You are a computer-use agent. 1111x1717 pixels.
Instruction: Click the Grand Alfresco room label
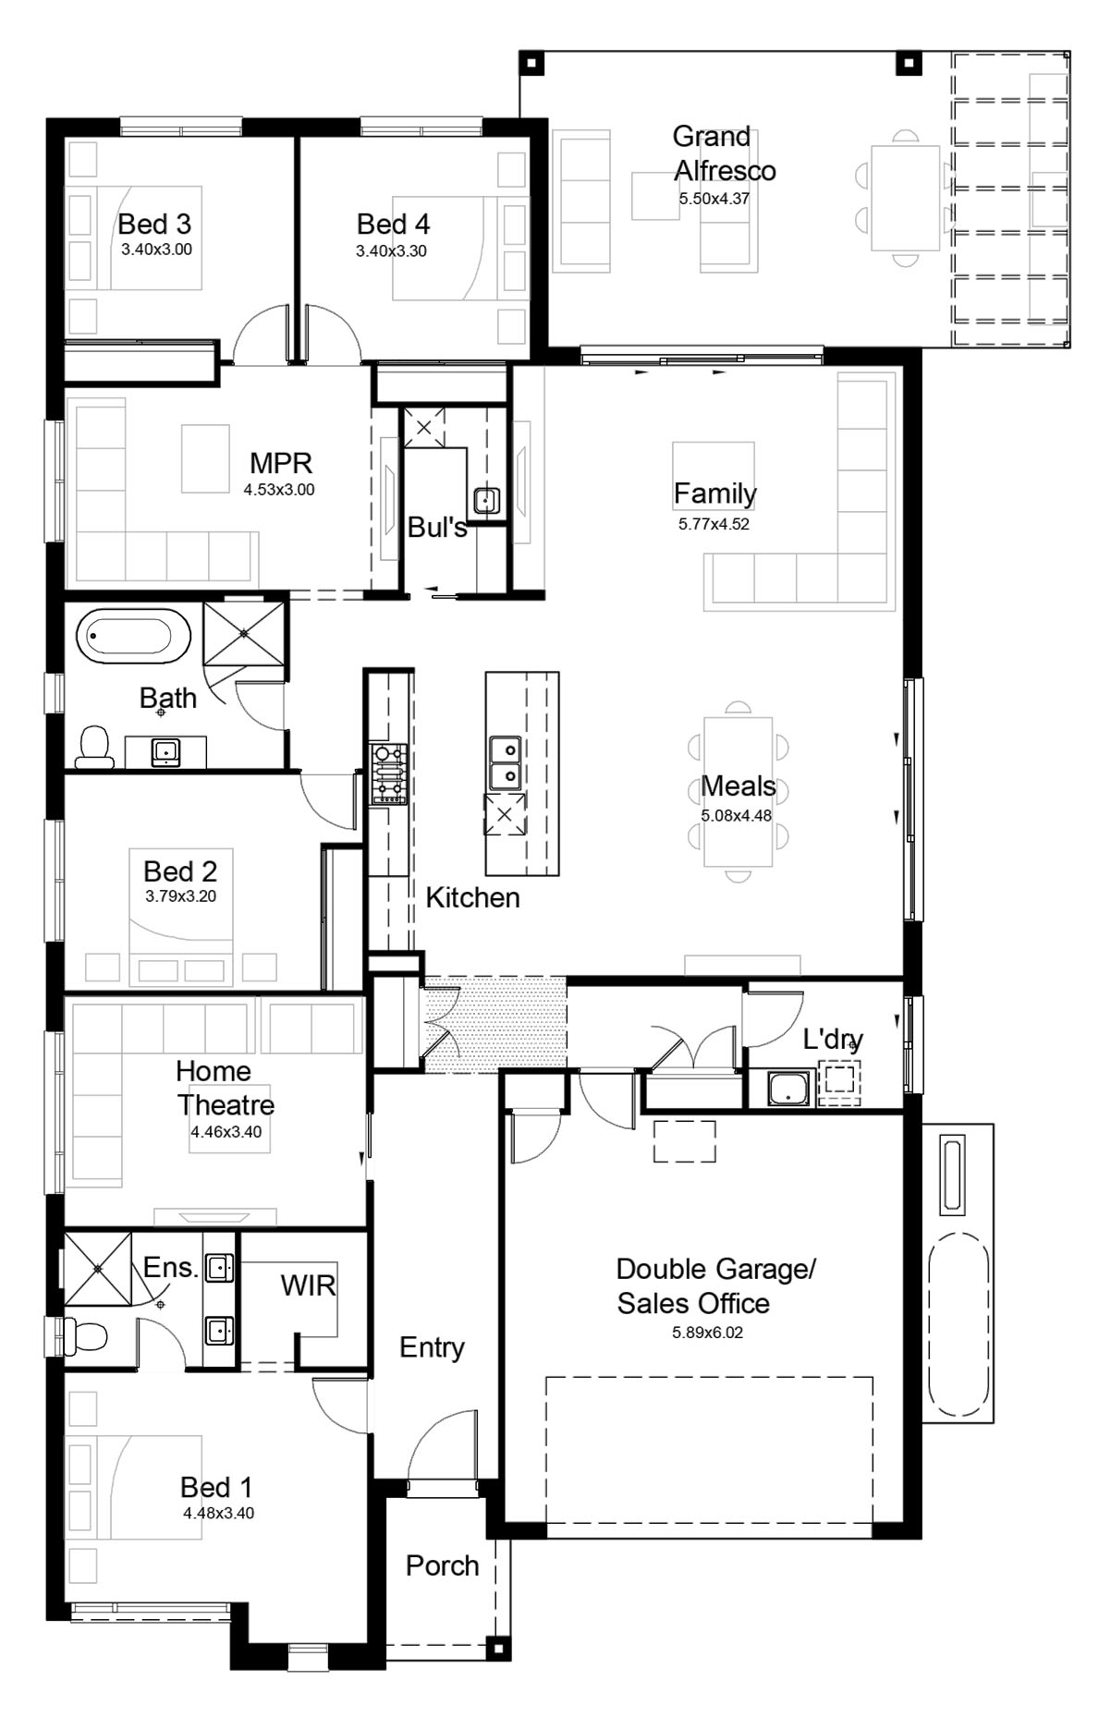725,153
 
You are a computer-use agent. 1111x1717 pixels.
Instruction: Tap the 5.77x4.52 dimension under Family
714,524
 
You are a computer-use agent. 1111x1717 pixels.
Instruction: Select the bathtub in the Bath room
134,637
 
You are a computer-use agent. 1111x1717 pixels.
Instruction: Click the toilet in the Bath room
93,748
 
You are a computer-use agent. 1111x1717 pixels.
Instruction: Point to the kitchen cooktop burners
388,773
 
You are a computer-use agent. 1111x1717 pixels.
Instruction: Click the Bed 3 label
154,224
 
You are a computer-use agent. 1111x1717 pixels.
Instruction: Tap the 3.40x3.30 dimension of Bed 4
391,250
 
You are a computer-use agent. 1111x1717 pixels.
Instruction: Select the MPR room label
281,462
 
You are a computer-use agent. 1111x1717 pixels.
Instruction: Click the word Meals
739,785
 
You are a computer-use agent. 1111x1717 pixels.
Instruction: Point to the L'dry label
833,1040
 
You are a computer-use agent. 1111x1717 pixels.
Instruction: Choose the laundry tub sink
788,1088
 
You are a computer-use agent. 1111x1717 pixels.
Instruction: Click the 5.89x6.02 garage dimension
707,1333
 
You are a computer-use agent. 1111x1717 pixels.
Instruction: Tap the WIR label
308,1285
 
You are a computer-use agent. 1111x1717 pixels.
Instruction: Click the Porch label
443,1565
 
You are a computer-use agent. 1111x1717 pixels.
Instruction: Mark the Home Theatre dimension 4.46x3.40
226,1131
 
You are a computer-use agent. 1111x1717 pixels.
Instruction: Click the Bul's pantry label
437,528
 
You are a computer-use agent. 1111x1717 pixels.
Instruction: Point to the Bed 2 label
180,871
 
